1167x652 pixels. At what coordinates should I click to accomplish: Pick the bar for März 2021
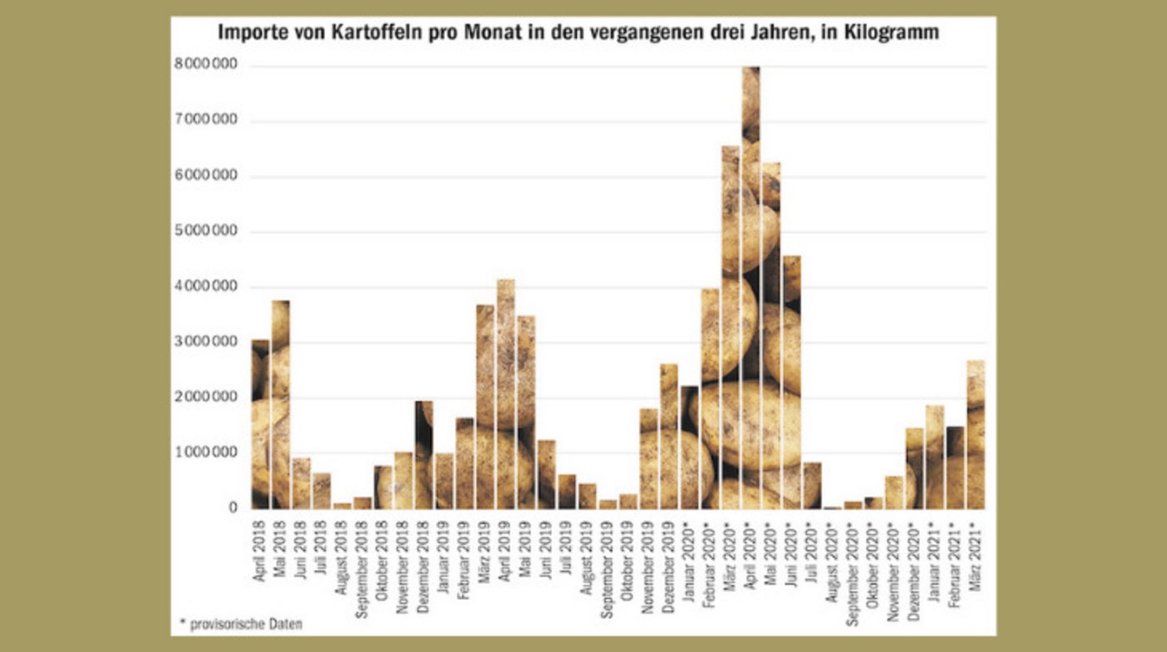pyautogui.click(x=975, y=434)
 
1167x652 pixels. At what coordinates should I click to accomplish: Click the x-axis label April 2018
pyautogui.click(x=260, y=550)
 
